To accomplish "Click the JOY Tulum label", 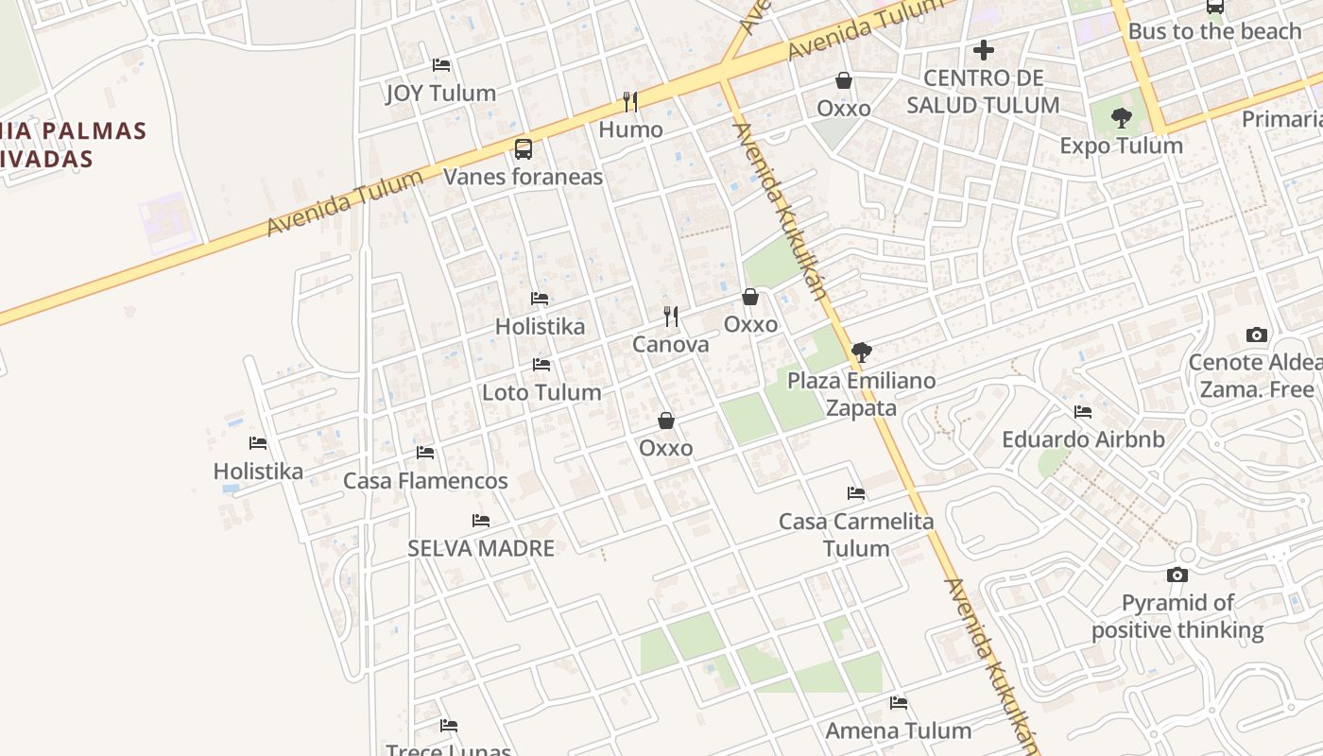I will pyautogui.click(x=440, y=93).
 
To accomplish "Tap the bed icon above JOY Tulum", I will pyautogui.click(x=440, y=65).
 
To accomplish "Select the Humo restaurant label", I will pyautogui.click(x=630, y=129).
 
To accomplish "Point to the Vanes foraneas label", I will pyautogui.click(x=523, y=177).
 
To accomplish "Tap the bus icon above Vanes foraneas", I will pyautogui.click(x=523, y=148).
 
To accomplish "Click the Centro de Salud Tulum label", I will pyautogui.click(x=983, y=92).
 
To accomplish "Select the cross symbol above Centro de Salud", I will pyautogui.click(x=984, y=49).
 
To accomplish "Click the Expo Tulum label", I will pyautogui.click(x=1121, y=146).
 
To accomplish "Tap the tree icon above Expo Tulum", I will pyautogui.click(x=1122, y=118).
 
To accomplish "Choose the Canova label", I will pyautogui.click(x=670, y=344).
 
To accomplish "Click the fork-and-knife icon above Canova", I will pyautogui.click(x=671, y=316).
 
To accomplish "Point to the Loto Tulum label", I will pyautogui.click(x=541, y=392).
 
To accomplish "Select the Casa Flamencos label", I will pyautogui.click(x=425, y=481).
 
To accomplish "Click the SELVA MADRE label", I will pyautogui.click(x=481, y=548).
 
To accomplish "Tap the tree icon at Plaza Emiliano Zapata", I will pyautogui.click(x=861, y=352).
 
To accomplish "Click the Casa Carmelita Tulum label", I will pyautogui.click(x=856, y=535).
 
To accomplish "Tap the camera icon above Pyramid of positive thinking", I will pyautogui.click(x=1177, y=575).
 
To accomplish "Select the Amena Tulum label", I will pyautogui.click(x=898, y=730).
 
